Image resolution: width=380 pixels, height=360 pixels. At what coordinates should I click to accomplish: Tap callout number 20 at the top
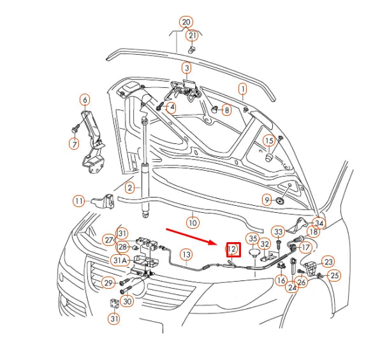click(186, 22)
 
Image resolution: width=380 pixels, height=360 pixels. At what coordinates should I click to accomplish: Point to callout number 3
click(186, 68)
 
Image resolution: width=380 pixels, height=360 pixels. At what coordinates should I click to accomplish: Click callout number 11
click(78, 201)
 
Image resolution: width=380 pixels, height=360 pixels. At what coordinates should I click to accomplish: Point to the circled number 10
click(193, 223)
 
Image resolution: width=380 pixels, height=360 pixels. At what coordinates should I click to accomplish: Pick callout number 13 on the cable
click(185, 255)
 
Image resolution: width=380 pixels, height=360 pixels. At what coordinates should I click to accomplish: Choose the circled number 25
click(335, 275)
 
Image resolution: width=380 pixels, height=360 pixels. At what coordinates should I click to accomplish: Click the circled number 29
click(108, 282)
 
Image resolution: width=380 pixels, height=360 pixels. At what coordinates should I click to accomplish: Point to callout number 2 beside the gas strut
click(129, 187)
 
